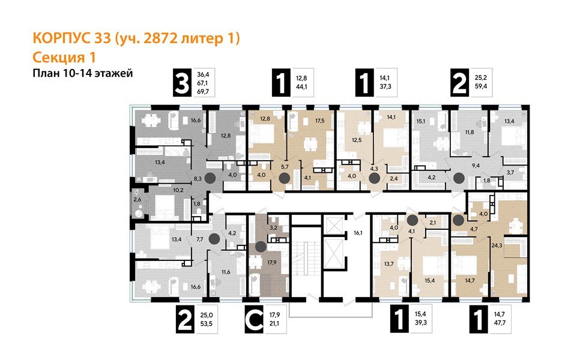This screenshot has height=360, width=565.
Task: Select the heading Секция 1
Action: (x=63, y=58)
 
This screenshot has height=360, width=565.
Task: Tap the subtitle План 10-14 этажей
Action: (x=80, y=73)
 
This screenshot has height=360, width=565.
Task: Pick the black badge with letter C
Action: (x=255, y=319)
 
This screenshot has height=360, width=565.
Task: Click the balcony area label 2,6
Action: (x=137, y=199)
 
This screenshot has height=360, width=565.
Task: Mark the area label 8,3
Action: (x=198, y=178)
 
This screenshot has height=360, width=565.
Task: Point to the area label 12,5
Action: (x=357, y=140)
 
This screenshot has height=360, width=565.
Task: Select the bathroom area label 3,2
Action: (x=272, y=228)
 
